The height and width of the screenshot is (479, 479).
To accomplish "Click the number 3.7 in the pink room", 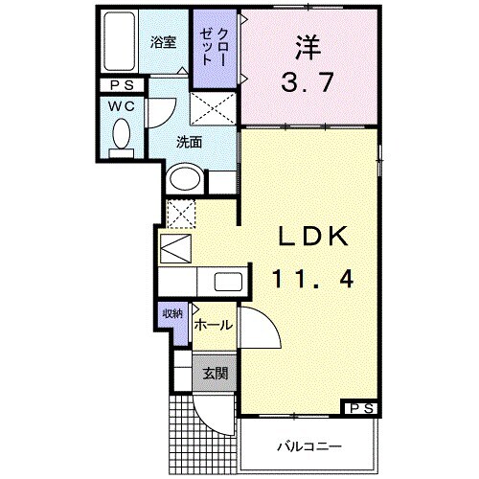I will point(309,81).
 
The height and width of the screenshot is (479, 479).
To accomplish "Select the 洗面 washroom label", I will point(188,142).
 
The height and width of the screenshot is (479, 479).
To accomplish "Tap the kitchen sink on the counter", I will point(227,283).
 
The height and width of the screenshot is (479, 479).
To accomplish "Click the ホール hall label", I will point(213,326).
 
